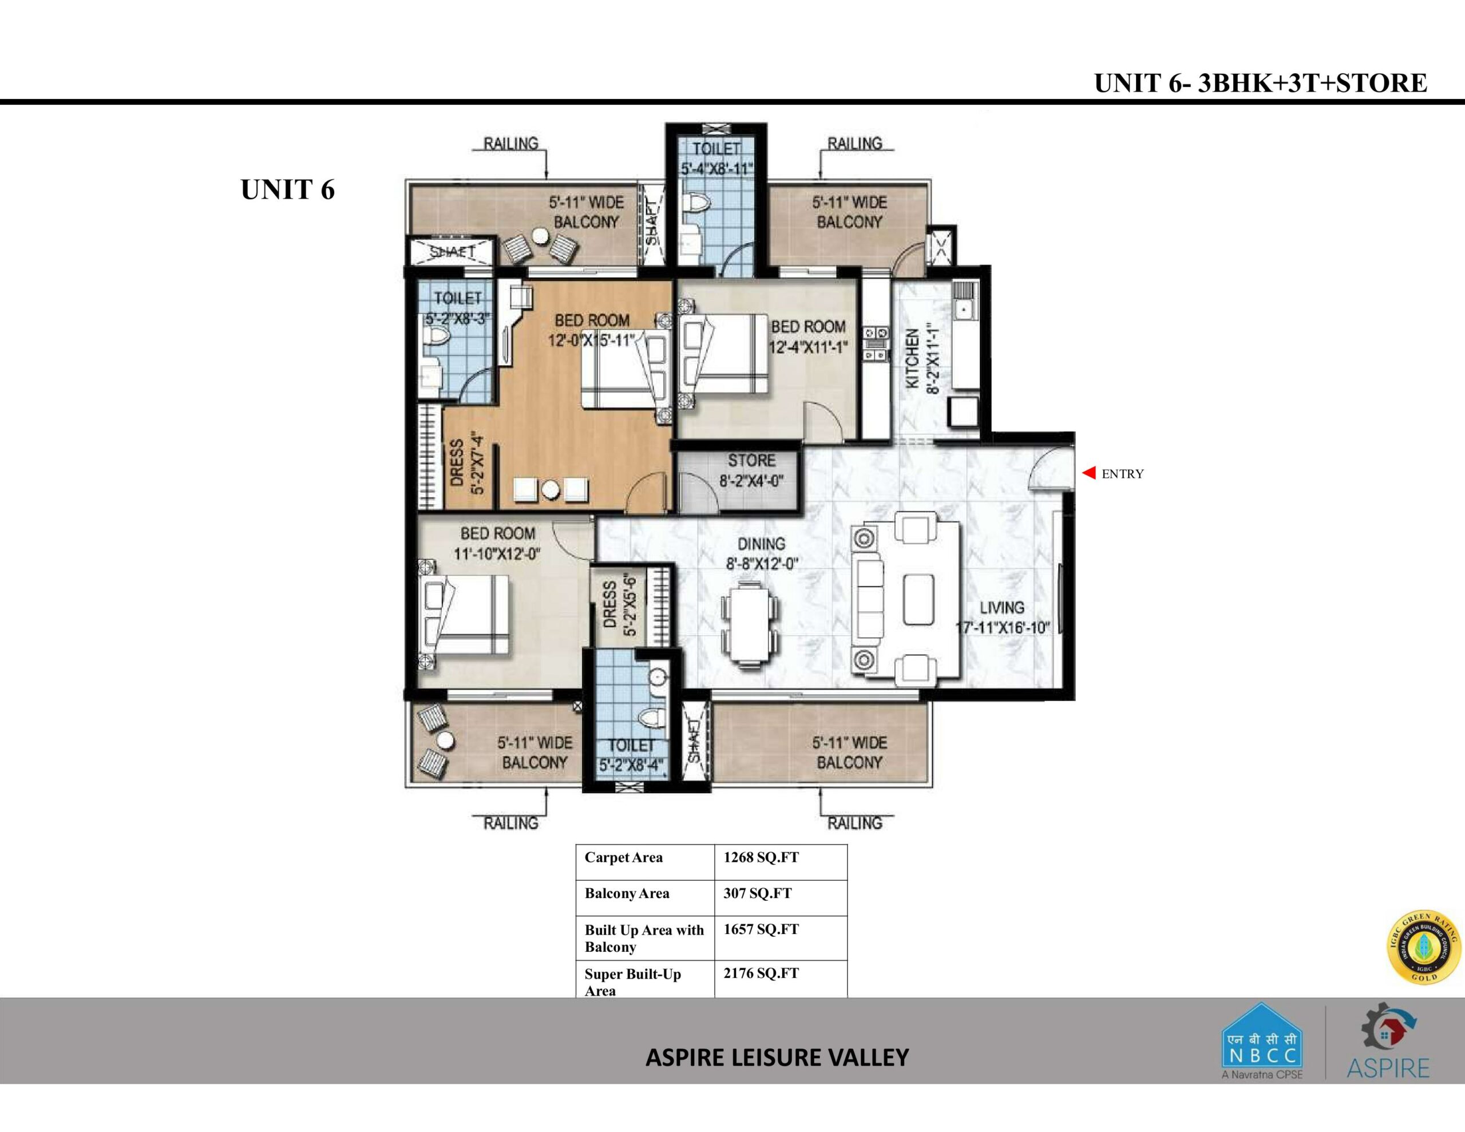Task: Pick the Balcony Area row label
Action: tap(627, 893)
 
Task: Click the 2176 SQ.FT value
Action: tap(761, 973)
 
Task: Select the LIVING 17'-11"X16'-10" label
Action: tap(1002, 618)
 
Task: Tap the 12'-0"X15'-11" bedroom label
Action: tap(592, 331)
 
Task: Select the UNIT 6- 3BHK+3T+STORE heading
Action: tap(1260, 83)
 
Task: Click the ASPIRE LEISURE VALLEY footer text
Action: tap(777, 1058)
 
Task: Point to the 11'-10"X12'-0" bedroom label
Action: tap(497, 544)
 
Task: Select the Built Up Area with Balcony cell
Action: tap(644, 938)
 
